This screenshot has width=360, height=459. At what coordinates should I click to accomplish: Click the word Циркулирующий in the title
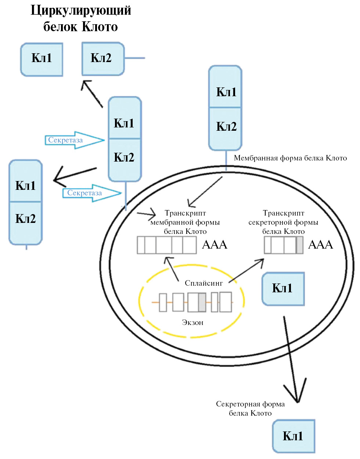[x=81, y=10]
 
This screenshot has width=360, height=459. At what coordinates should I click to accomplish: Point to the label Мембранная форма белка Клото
[x=290, y=158]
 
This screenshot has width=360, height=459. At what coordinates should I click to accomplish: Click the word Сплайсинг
[x=204, y=283]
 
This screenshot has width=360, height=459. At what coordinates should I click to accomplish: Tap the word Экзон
[x=192, y=322]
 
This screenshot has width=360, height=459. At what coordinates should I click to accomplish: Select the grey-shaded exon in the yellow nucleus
[x=202, y=302]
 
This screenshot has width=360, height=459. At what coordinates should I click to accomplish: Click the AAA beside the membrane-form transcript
[x=215, y=245]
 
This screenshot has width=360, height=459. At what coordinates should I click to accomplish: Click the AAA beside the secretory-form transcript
[x=320, y=245]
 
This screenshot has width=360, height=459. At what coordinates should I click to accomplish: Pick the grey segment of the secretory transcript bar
[x=300, y=245]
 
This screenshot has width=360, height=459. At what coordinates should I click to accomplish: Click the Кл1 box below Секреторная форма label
[x=294, y=436]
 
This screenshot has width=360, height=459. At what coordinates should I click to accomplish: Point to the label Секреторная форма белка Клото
[x=250, y=408]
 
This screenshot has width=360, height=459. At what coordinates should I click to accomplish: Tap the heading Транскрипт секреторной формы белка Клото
[x=283, y=222]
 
